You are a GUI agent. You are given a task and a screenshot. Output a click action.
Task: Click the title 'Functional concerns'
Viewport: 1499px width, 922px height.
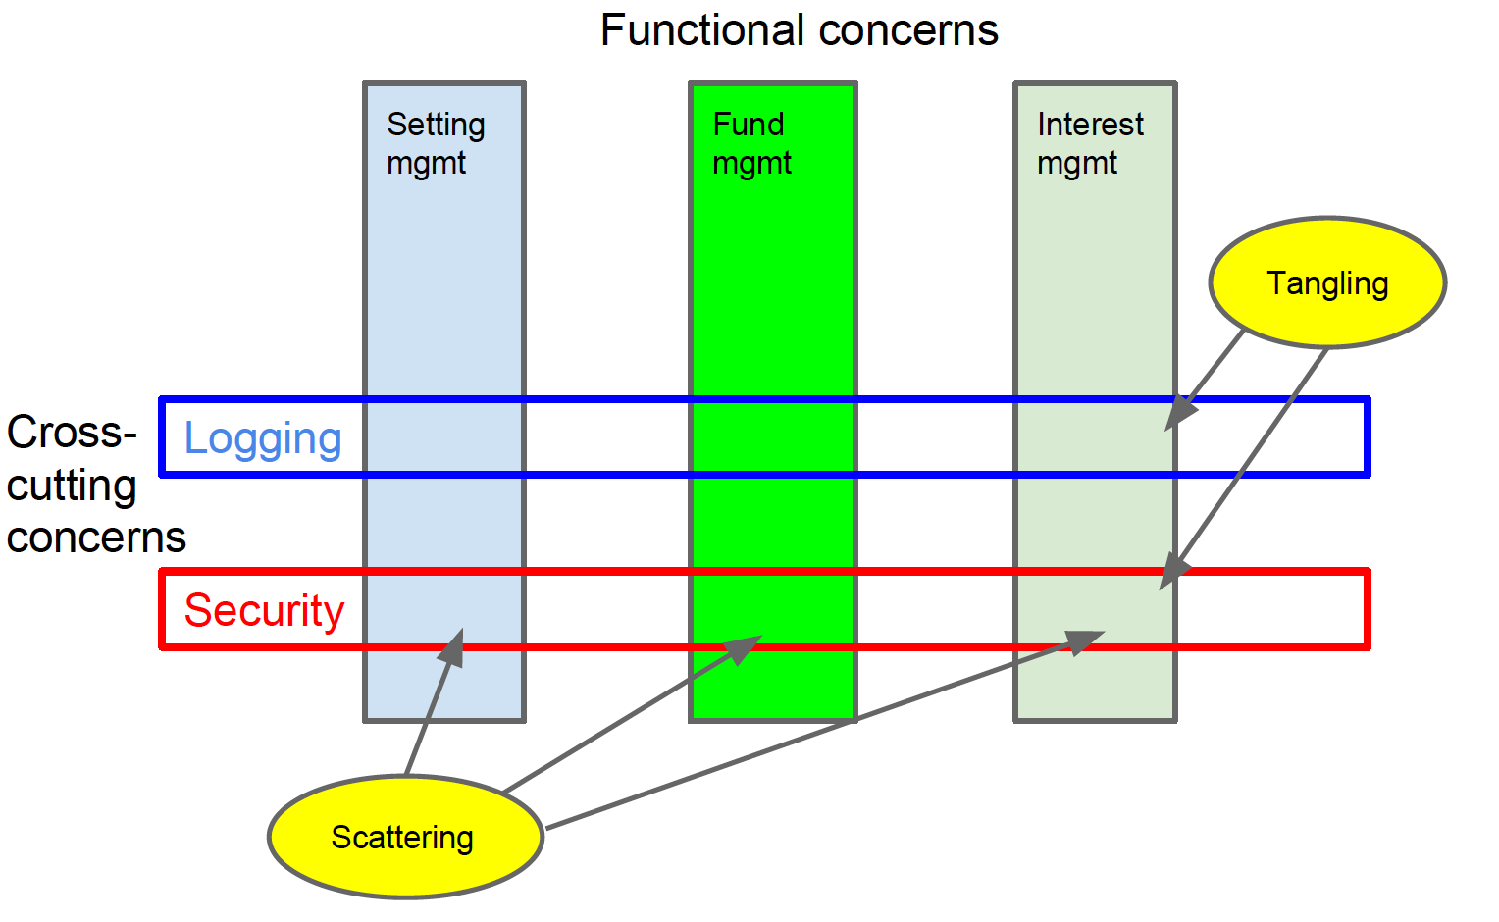pos(799,30)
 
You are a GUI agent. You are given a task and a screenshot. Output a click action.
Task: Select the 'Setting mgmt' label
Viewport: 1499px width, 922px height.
pos(436,143)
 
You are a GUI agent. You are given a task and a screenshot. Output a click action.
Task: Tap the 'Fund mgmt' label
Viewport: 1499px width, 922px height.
pos(750,143)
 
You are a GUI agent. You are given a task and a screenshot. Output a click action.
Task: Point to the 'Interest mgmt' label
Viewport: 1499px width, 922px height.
pos(1089,143)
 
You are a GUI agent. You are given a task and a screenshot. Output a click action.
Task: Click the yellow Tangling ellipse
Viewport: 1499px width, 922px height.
pos(1326,282)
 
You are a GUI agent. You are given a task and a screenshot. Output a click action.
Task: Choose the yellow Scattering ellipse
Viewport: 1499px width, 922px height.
pos(404,837)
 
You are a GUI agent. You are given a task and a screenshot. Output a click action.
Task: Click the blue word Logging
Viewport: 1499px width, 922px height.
pos(263,438)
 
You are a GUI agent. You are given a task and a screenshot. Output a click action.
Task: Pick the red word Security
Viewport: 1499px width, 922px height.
pos(264,610)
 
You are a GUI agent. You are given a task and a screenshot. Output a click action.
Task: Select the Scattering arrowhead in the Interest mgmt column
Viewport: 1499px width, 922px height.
pos(1083,640)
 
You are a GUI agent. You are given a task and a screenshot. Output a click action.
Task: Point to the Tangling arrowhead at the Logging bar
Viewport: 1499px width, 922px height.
pos(1177,416)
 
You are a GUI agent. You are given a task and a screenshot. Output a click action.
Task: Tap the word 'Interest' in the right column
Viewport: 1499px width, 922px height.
pos(1089,125)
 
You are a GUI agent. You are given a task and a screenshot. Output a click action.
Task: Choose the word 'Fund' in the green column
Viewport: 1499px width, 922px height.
pos(748,125)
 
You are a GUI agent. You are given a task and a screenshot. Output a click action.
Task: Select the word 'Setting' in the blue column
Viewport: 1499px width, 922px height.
pos(436,125)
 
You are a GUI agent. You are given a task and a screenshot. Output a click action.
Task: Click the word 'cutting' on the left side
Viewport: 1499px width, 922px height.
pos(72,487)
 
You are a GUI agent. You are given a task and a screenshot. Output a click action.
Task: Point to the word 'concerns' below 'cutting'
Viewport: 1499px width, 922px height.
pos(96,538)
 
